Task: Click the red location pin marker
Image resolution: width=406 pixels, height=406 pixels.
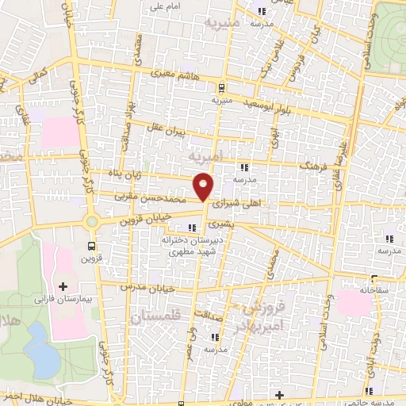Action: pyautogui.click(x=204, y=187)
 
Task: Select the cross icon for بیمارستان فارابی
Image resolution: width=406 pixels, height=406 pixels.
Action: pyautogui.click(x=63, y=285)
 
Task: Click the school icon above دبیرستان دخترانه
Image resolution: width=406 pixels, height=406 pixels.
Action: pyautogui.click(x=192, y=228)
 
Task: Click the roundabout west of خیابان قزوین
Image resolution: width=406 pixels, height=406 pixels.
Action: pyautogui.click(x=92, y=223)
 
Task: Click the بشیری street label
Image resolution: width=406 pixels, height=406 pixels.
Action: pyautogui.click(x=248, y=224)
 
